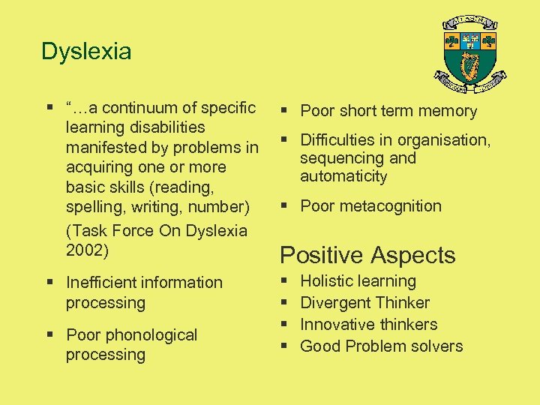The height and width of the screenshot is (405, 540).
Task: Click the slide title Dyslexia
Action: (x=86, y=52)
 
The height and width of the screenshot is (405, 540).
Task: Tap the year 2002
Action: (x=87, y=250)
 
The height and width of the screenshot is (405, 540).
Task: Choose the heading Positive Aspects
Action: (x=367, y=255)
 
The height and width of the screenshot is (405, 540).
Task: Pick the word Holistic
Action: (x=326, y=281)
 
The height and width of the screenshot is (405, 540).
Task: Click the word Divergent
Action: (x=333, y=303)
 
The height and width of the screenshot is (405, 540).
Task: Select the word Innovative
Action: (x=336, y=325)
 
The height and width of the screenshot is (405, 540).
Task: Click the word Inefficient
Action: (x=100, y=283)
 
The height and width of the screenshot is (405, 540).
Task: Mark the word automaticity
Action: (x=343, y=177)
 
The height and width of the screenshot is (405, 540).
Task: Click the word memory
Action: (x=448, y=111)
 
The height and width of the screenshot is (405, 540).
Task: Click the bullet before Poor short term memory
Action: (x=285, y=111)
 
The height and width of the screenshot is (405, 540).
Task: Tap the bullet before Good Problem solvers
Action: (x=285, y=346)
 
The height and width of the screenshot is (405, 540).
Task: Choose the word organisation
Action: (x=445, y=140)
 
